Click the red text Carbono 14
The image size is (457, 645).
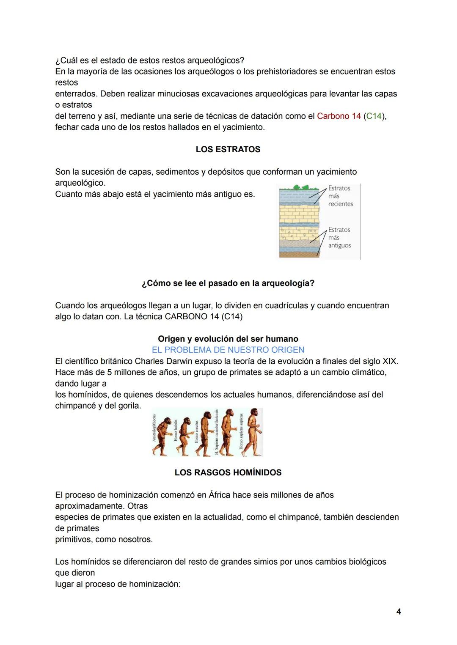339,116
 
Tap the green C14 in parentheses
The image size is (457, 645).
374,116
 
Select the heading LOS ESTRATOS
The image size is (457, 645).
228,149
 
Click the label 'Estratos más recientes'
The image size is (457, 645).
340,196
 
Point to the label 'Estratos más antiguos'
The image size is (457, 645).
339,238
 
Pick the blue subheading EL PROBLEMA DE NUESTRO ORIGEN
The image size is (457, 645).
228,350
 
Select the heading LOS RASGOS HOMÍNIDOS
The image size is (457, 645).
228,472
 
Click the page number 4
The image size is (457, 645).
399,612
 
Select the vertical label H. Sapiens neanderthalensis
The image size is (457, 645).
216,432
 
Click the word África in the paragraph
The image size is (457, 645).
219,495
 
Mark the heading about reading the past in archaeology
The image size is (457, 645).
228,283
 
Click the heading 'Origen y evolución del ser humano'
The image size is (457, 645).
228,339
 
